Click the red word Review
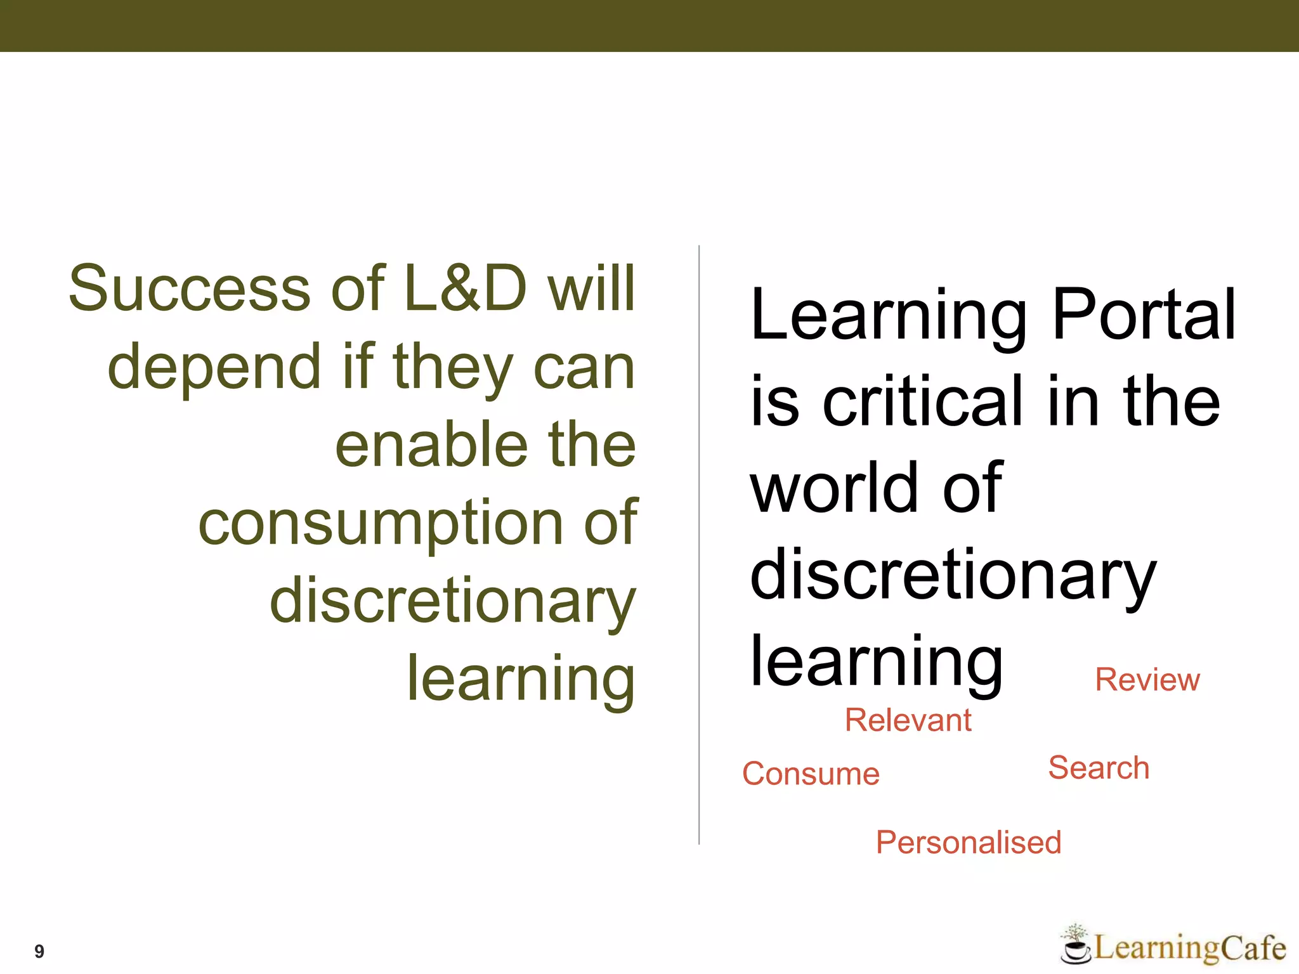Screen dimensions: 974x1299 1147,680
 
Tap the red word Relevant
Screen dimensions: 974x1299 908,720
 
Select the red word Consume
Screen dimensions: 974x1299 811,774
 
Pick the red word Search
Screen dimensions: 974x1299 1099,767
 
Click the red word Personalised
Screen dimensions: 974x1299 968,842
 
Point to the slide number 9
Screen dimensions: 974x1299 39,951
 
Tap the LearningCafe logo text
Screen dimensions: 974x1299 1190,949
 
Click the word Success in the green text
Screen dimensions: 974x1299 189,289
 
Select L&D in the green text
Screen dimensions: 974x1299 465,289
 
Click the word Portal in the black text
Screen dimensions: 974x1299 1144,315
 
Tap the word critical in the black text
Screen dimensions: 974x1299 923,401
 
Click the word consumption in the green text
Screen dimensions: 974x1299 381,524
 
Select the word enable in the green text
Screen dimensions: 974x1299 431,445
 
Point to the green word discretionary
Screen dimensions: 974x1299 452,601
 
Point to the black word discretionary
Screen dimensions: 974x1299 953,576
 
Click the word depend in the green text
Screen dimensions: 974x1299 214,368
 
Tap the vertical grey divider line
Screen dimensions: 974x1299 699,545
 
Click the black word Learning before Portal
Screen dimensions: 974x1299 888,316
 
